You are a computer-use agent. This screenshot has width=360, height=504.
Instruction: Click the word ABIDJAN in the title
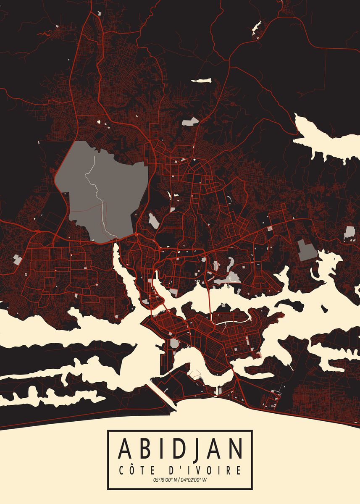180,449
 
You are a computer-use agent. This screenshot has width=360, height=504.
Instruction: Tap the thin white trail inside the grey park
95,185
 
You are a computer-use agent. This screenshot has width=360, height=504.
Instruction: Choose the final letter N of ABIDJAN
235,449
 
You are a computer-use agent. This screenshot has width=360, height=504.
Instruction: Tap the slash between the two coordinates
179,480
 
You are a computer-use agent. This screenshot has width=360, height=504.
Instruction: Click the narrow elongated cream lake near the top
201,80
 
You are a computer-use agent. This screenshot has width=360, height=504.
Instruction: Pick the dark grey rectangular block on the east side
307,249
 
